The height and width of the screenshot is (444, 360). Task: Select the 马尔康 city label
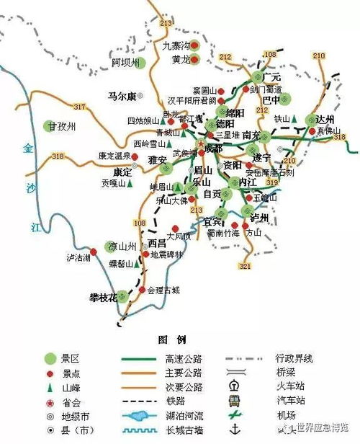[x=121, y=95]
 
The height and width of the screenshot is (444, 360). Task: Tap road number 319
[x=274, y=183]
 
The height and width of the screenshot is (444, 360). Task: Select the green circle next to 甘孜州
[x=48, y=125]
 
